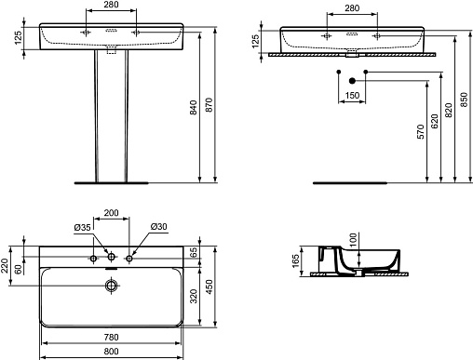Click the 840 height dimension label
click(193, 107)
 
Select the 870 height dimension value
click(209, 105)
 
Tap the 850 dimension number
click(463, 100)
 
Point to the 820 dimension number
click(448, 111)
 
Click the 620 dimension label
click(435, 121)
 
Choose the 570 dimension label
click(420, 132)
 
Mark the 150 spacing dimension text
click(352, 96)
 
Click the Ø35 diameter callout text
click(83, 228)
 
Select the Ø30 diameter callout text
click(159, 227)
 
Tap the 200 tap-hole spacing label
click(111, 213)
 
